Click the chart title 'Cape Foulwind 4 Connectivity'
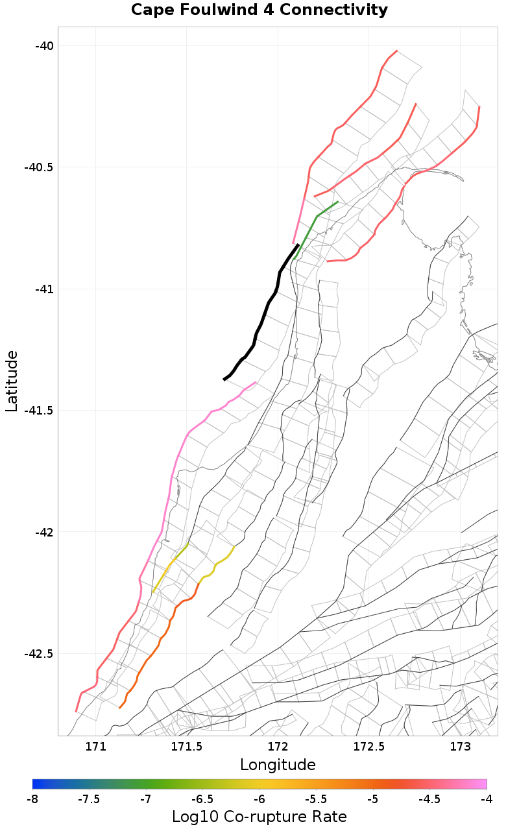pyautogui.click(x=259, y=10)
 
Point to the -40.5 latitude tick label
pyautogui.click(x=38, y=167)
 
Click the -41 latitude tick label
pyautogui.click(x=44, y=289)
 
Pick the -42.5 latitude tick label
pyautogui.click(x=38, y=653)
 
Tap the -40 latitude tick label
pyautogui.click(x=44, y=46)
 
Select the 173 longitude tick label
pyautogui.click(x=460, y=747)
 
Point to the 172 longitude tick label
pyautogui.click(x=278, y=747)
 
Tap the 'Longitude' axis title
pyautogui.click(x=278, y=765)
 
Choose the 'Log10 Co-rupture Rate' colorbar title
pyautogui.click(x=259, y=817)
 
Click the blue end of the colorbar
pyautogui.click(x=36, y=784)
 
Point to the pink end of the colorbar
pyautogui.click(x=483, y=784)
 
